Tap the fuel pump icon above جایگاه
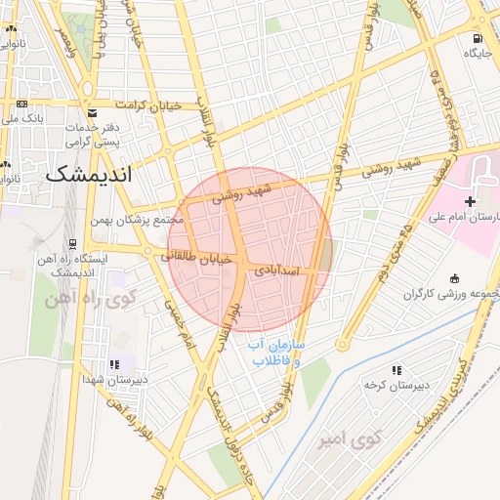click(x=477, y=40)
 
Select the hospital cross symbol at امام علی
click(x=471, y=201)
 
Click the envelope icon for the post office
click(x=92, y=112)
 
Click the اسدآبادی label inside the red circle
click(x=279, y=272)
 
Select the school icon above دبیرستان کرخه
click(x=396, y=370)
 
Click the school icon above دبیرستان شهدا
click(x=116, y=364)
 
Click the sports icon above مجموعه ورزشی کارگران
click(x=451, y=279)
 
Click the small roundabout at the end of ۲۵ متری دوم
click(x=343, y=344)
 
